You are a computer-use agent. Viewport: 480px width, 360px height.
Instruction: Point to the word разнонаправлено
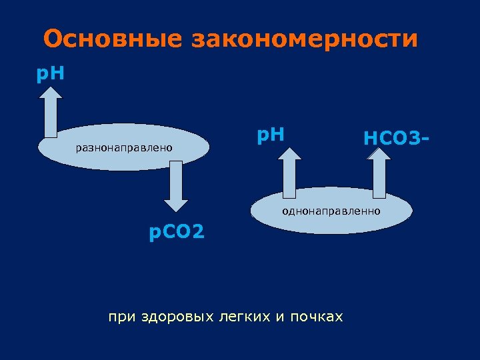124,147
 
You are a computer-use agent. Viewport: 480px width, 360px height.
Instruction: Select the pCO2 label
177,233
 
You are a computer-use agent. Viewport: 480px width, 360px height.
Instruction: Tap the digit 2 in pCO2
198,233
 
